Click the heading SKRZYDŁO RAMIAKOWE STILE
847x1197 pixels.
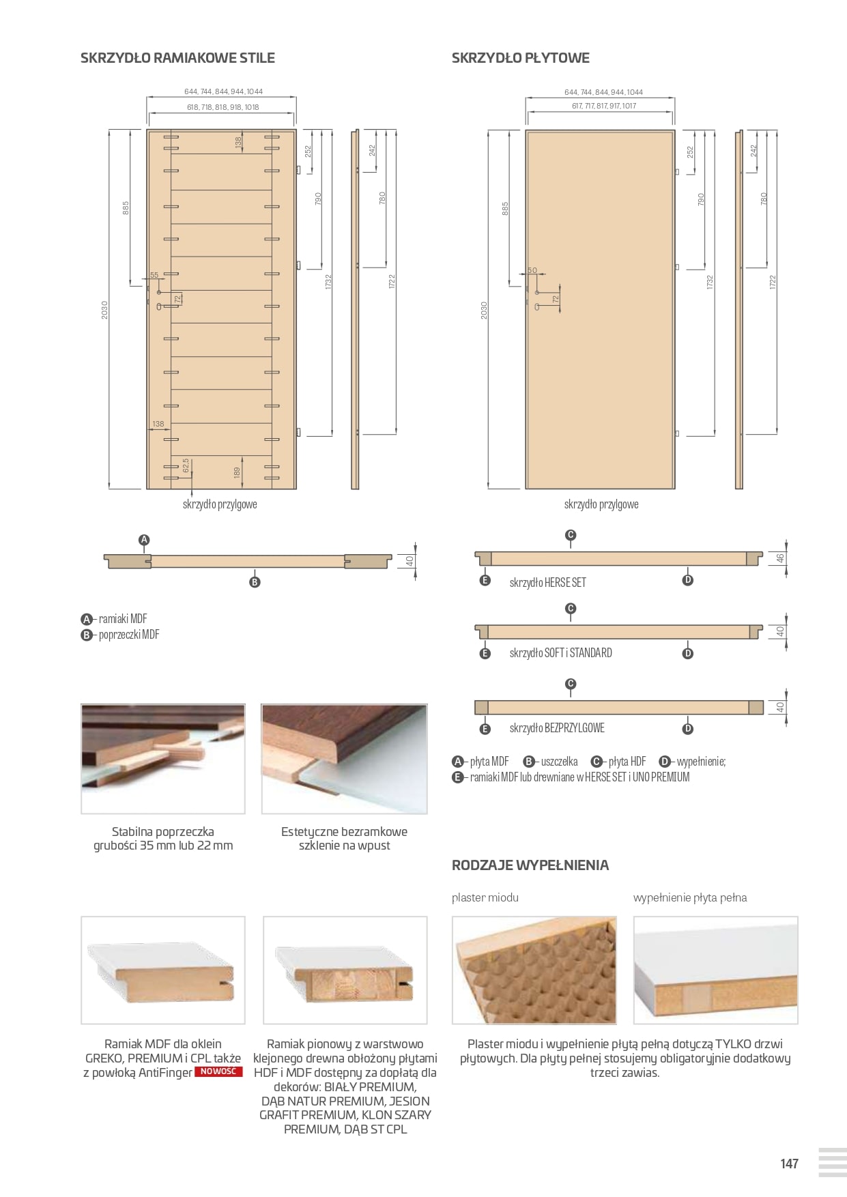(x=177, y=58)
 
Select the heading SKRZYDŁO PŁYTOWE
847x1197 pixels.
(x=520, y=58)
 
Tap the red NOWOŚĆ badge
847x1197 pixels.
(x=218, y=1071)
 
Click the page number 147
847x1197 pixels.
(x=789, y=1164)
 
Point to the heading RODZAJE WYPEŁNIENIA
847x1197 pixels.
(x=530, y=865)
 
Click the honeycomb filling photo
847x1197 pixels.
(x=534, y=970)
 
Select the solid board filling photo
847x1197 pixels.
(x=715, y=970)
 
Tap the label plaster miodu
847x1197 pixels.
(x=485, y=897)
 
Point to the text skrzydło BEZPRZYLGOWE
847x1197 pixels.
(x=556, y=728)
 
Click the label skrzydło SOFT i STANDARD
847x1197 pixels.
(x=560, y=653)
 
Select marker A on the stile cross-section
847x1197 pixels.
(x=144, y=540)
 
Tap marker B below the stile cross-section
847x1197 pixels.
(x=255, y=582)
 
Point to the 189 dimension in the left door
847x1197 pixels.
(x=237, y=472)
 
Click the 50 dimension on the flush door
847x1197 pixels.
(x=532, y=271)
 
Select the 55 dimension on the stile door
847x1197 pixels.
(x=154, y=275)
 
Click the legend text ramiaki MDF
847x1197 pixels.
(x=123, y=619)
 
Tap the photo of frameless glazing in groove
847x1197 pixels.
(x=344, y=759)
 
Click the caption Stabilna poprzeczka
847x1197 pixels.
(x=162, y=832)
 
